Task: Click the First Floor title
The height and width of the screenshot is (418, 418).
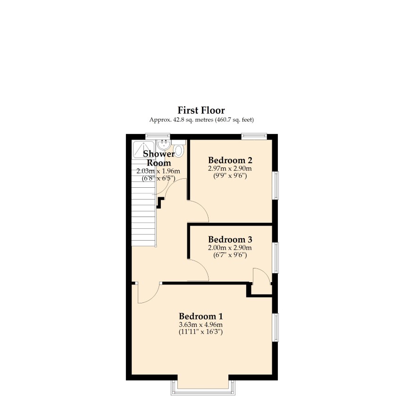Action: click(201, 110)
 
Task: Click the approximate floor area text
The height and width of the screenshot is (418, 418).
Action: click(201, 120)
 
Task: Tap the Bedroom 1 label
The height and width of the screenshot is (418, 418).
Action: click(201, 317)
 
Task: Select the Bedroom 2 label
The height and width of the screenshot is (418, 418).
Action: click(230, 160)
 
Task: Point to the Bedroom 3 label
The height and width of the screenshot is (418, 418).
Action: click(230, 239)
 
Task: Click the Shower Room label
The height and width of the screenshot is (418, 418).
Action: click(159, 158)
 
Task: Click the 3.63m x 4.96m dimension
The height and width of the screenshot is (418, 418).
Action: click(201, 325)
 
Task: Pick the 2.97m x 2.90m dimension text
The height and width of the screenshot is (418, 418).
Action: click(230, 168)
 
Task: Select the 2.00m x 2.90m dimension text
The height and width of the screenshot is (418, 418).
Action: click(230, 248)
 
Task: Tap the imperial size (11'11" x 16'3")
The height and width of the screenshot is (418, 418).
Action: click(201, 332)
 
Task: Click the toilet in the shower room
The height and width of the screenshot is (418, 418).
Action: click(179, 149)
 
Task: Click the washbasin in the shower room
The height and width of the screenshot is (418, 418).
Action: click(163, 145)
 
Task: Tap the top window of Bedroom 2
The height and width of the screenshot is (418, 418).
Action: click(254, 136)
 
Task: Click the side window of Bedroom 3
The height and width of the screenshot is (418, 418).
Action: click(276, 258)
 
